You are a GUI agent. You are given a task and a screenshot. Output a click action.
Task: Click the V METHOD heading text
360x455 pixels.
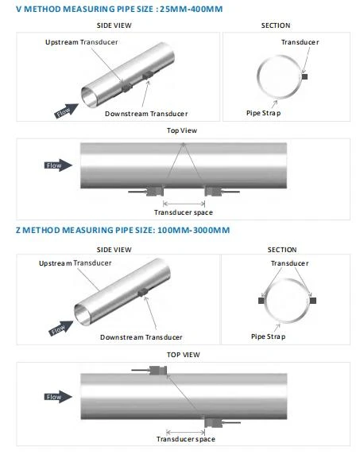[x=119, y=9]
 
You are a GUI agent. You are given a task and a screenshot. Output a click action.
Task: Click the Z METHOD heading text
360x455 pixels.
[x=123, y=230]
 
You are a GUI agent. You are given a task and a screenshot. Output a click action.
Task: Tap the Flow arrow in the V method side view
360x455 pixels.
[x=67, y=111]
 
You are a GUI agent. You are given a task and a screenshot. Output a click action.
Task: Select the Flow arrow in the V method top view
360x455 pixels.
[x=58, y=165]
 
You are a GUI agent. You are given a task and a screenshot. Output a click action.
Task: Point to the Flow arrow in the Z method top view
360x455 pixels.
[x=58, y=397]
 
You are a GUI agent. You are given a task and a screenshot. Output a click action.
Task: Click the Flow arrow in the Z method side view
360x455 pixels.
[x=61, y=329]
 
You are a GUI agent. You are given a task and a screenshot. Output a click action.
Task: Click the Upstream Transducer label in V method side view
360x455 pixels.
[x=81, y=42]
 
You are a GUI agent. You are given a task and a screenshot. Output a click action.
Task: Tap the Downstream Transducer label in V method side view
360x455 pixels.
[x=146, y=114]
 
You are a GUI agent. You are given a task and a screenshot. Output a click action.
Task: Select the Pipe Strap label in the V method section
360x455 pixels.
[x=264, y=113]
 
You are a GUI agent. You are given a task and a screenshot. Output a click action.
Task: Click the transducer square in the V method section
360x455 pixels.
[x=304, y=76]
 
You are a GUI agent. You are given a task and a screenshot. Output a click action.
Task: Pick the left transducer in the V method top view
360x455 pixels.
[x=155, y=191]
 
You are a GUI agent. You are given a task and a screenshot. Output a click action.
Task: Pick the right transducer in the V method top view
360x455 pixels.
[x=213, y=191]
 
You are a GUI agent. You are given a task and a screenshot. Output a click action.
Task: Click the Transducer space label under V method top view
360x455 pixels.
[x=184, y=212]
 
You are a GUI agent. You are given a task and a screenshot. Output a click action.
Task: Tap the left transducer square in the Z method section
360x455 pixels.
[x=261, y=301]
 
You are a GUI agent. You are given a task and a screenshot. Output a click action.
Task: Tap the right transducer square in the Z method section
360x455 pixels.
[x=313, y=301]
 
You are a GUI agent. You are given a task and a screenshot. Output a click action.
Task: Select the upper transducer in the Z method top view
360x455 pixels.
[x=158, y=370]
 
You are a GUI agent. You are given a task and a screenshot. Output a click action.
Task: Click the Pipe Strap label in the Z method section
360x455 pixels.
[x=268, y=336]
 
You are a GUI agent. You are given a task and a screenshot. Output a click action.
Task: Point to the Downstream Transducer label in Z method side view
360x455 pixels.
[x=141, y=337]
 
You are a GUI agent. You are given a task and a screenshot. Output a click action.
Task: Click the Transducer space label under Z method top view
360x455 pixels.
[x=186, y=439]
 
